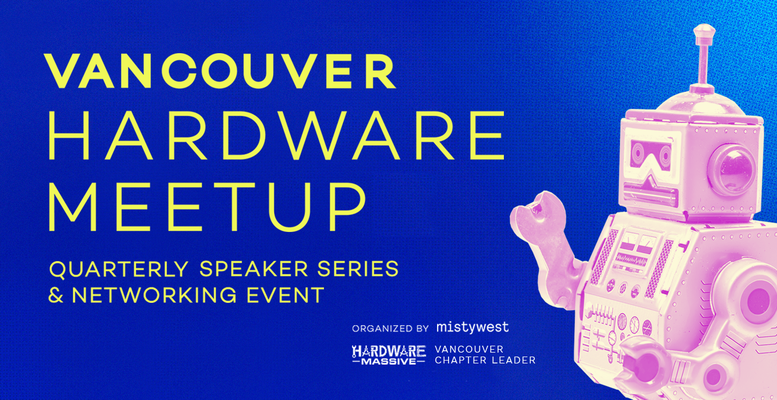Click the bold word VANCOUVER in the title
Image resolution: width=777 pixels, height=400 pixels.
221,72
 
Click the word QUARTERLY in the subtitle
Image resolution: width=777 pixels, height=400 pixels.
119,270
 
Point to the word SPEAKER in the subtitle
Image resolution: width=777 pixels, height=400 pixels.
254,269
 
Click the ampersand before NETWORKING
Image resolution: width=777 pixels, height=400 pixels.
56,295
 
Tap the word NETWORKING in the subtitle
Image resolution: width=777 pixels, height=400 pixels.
154,295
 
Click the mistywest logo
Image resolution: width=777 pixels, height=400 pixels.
472,327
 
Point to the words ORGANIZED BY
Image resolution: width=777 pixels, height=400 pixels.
390,329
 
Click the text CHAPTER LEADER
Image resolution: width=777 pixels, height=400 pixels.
485,361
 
